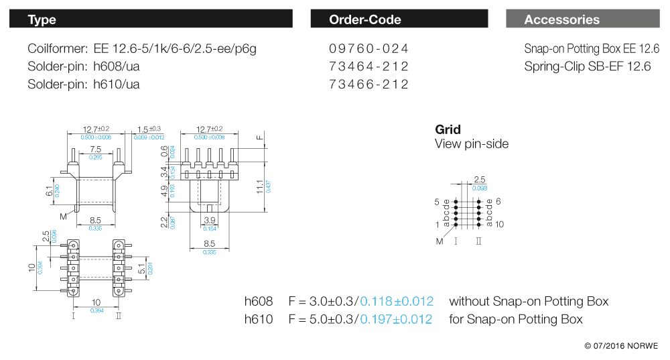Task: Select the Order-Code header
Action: [403, 19]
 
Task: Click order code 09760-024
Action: [368, 49]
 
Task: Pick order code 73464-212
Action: [368, 66]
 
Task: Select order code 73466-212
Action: [368, 84]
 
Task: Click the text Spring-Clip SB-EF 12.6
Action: [588, 66]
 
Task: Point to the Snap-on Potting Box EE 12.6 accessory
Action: [592, 49]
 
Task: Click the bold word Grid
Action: [448, 129]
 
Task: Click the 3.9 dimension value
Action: [210, 221]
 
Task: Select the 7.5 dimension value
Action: [96, 149]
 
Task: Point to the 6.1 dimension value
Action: [48, 191]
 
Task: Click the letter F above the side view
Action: [260, 138]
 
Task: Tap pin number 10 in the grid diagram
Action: [500, 225]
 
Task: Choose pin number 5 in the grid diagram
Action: [437, 201]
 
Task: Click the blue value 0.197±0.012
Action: [396, 319]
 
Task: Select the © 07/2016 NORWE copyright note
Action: [620, 346]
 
